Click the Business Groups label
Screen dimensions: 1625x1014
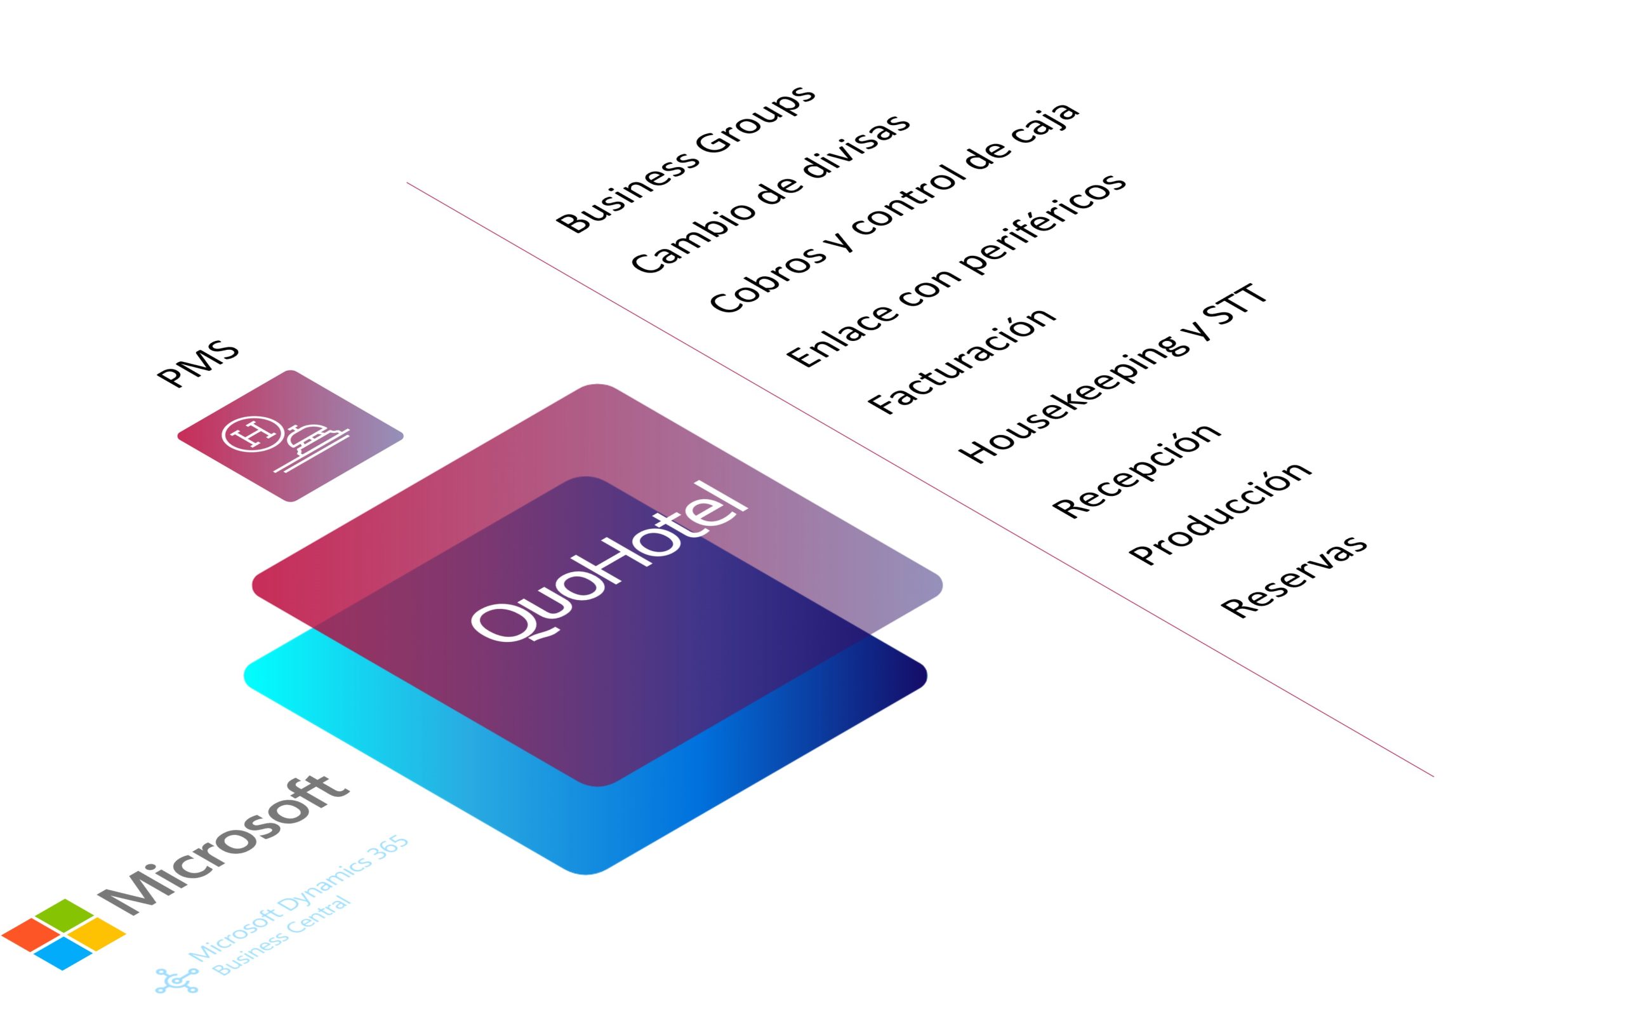click(x=686, y=159)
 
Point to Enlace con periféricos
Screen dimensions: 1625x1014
click(x=957, y=270)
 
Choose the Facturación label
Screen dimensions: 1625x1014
click(x=961, y=361)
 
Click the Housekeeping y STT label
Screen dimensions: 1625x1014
click(x=1113, y=373)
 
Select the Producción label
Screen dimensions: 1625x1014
click(x=1219, y=513)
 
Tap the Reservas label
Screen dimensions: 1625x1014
click(x=1293, y=576)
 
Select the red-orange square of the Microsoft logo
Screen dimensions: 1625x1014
click(x=31, y=934)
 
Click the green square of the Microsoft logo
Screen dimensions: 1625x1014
click(x=64, y=915)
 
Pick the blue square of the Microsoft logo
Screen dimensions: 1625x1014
click(x=63, y=953)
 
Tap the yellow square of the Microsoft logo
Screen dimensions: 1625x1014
click(x=96, y=933)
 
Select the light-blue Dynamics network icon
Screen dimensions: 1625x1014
click(x=177, y=980)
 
